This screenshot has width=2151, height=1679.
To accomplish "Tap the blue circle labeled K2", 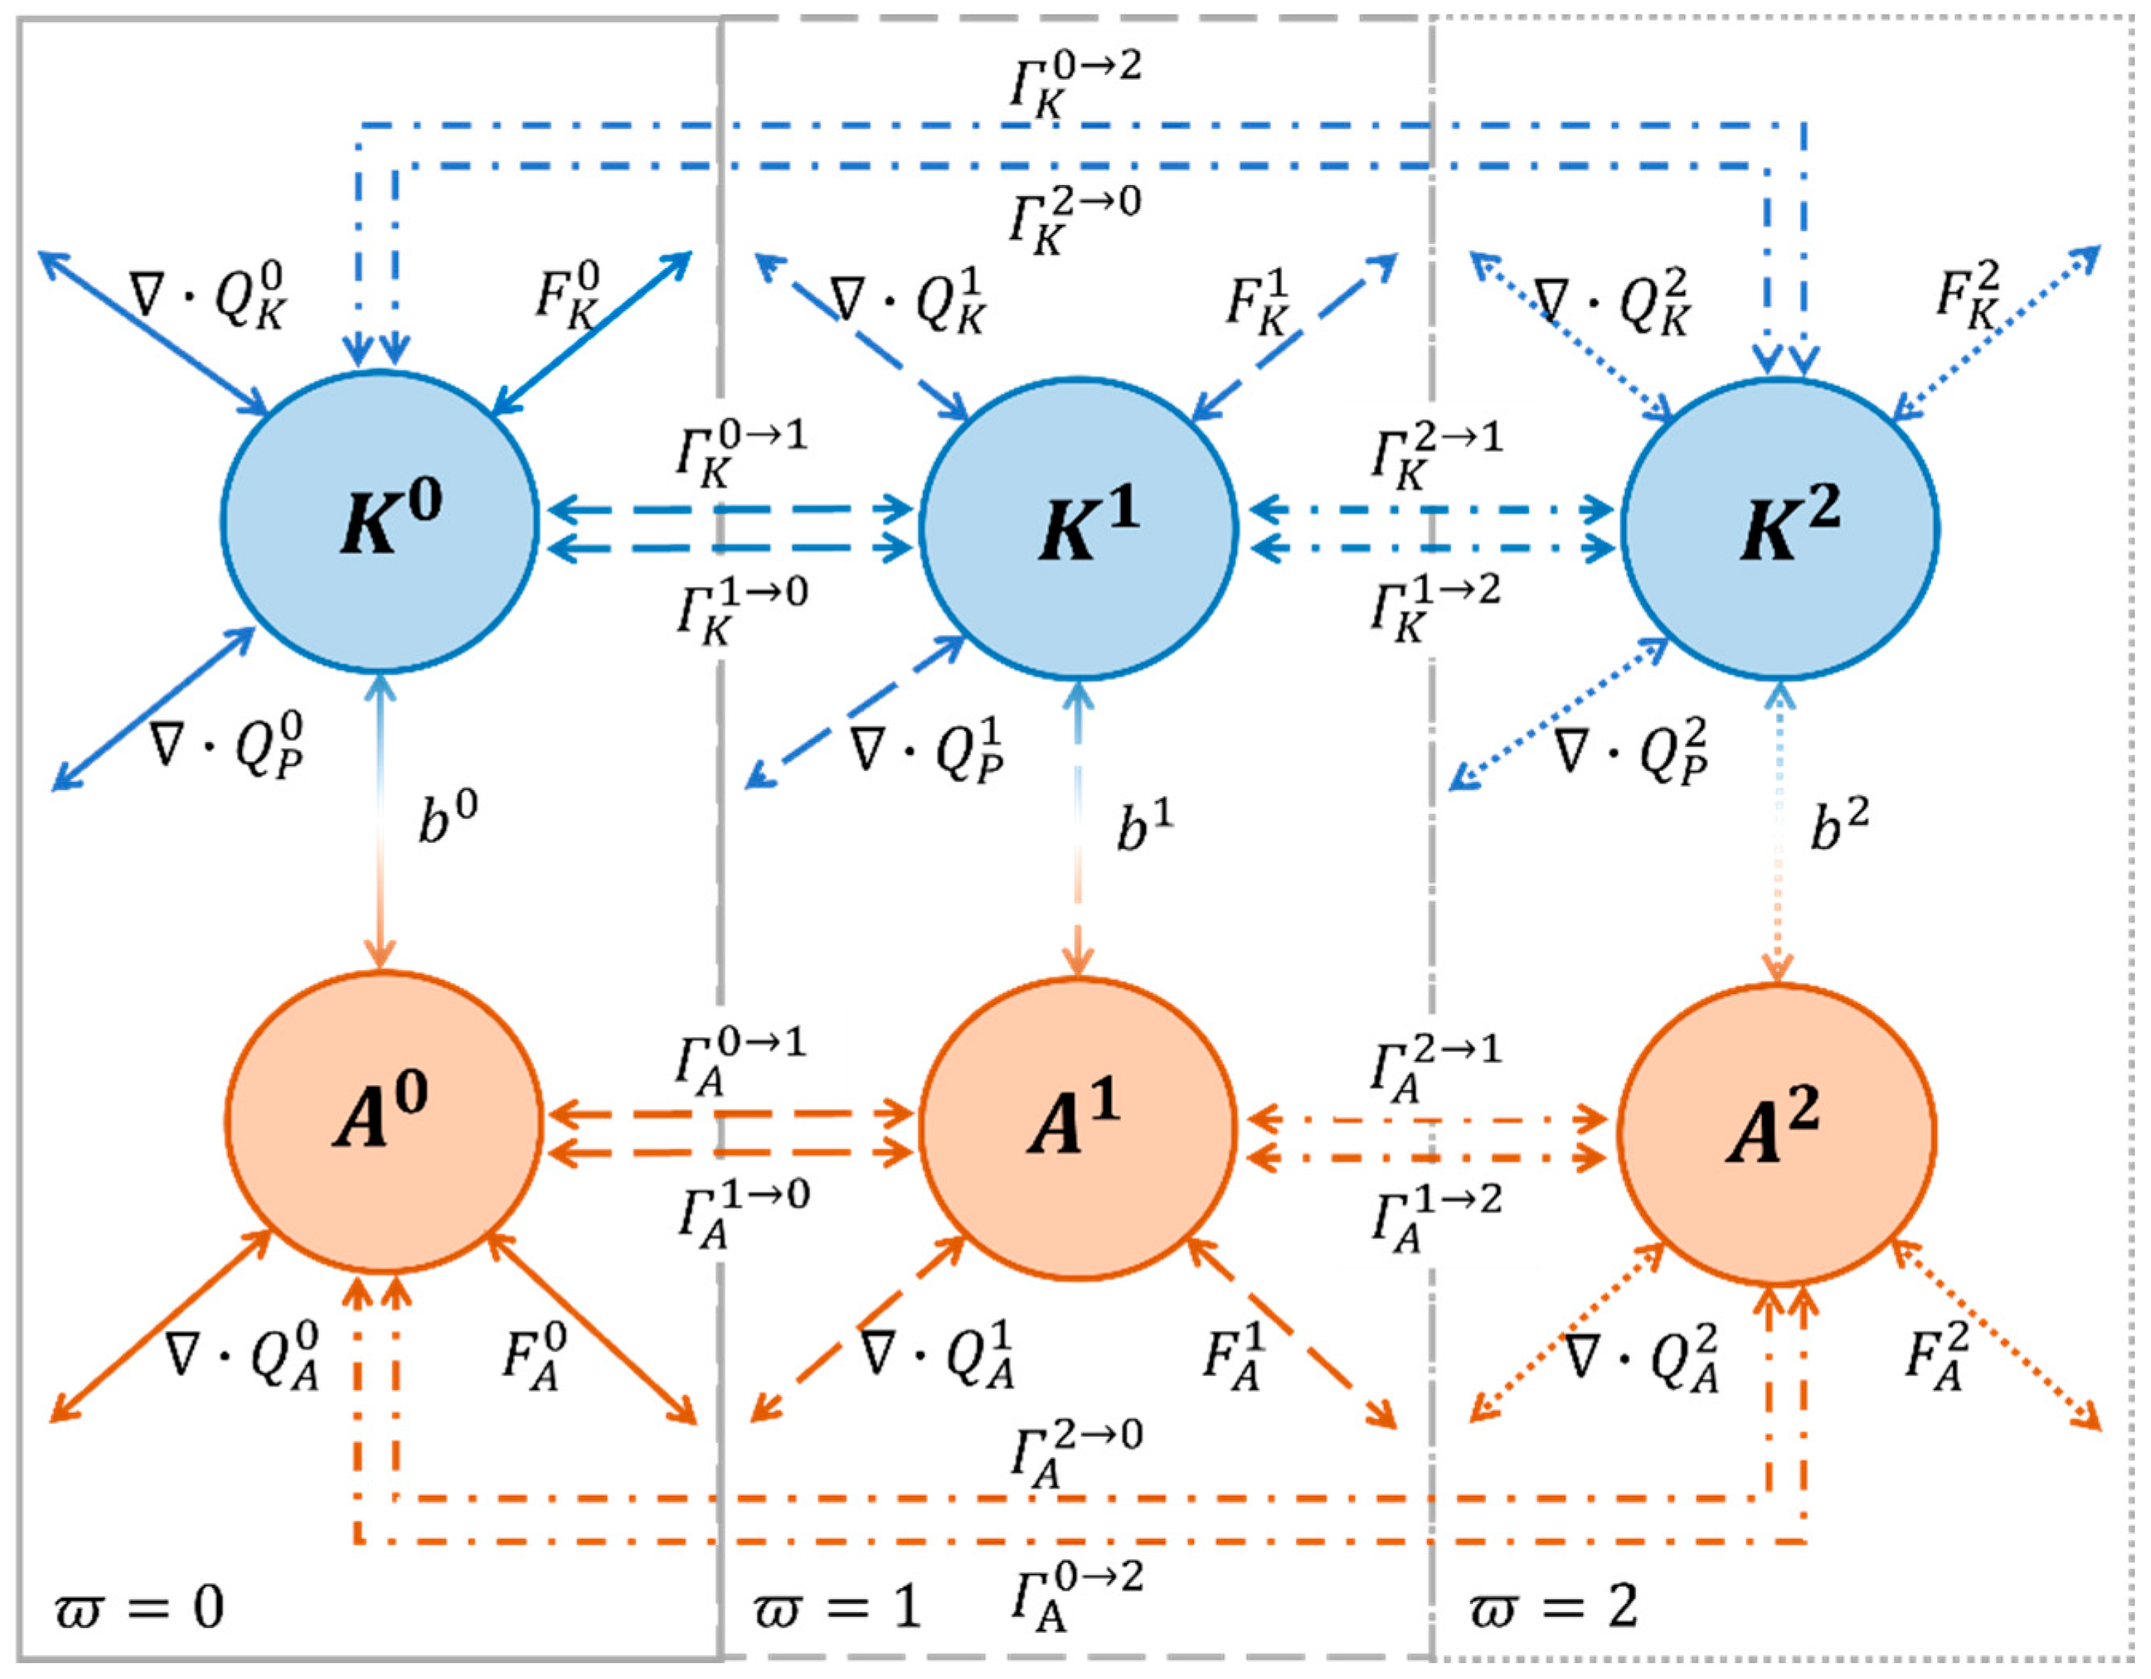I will [x=1781, y=529].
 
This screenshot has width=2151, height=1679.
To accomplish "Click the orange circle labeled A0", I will [x=383, y=1121].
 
